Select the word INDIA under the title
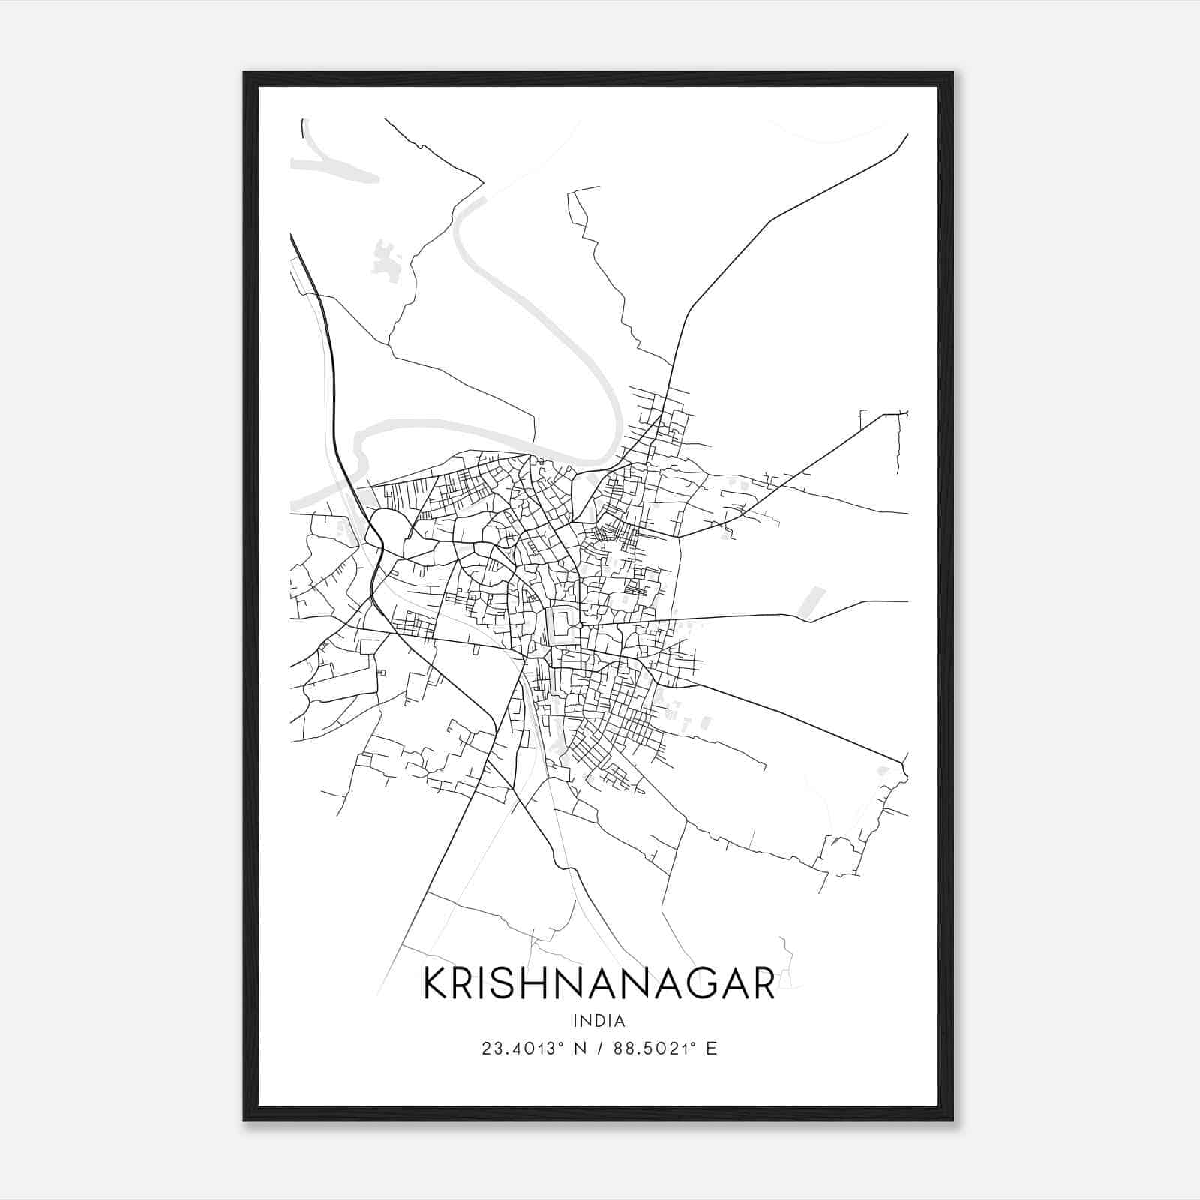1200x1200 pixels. [598, 1021]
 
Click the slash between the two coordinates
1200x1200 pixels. [598, 1048]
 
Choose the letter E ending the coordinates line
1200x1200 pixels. [711, 1048]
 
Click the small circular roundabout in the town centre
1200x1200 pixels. [580, 625]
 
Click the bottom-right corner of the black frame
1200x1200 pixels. [952, 1120]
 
